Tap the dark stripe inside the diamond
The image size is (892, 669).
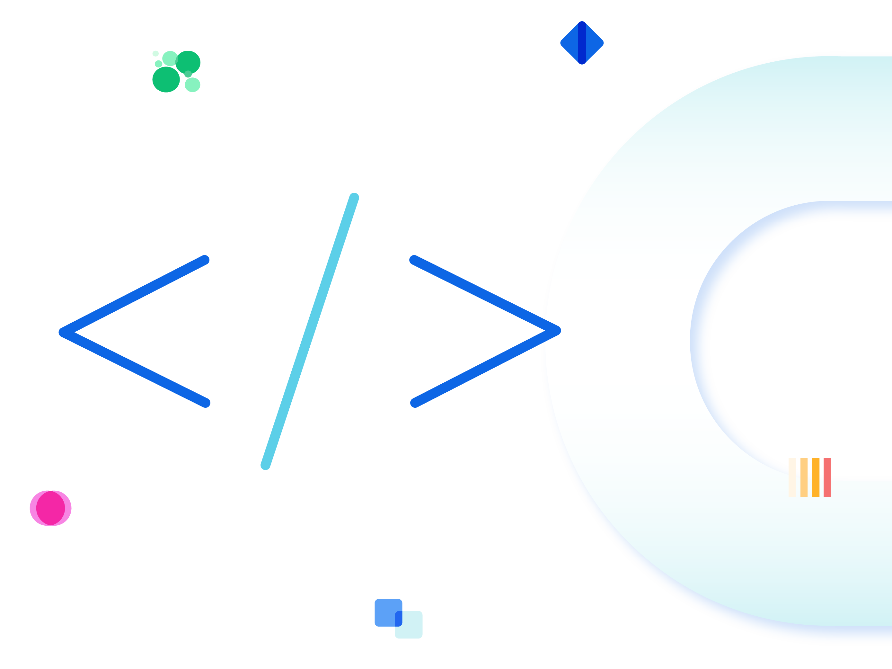tap(582, 43)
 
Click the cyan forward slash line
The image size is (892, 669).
tap(310, 331)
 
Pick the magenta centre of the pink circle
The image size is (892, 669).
tap(50, 508)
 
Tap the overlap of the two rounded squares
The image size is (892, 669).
tap(398, 619)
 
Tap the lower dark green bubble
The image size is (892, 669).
tap(166, 79)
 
